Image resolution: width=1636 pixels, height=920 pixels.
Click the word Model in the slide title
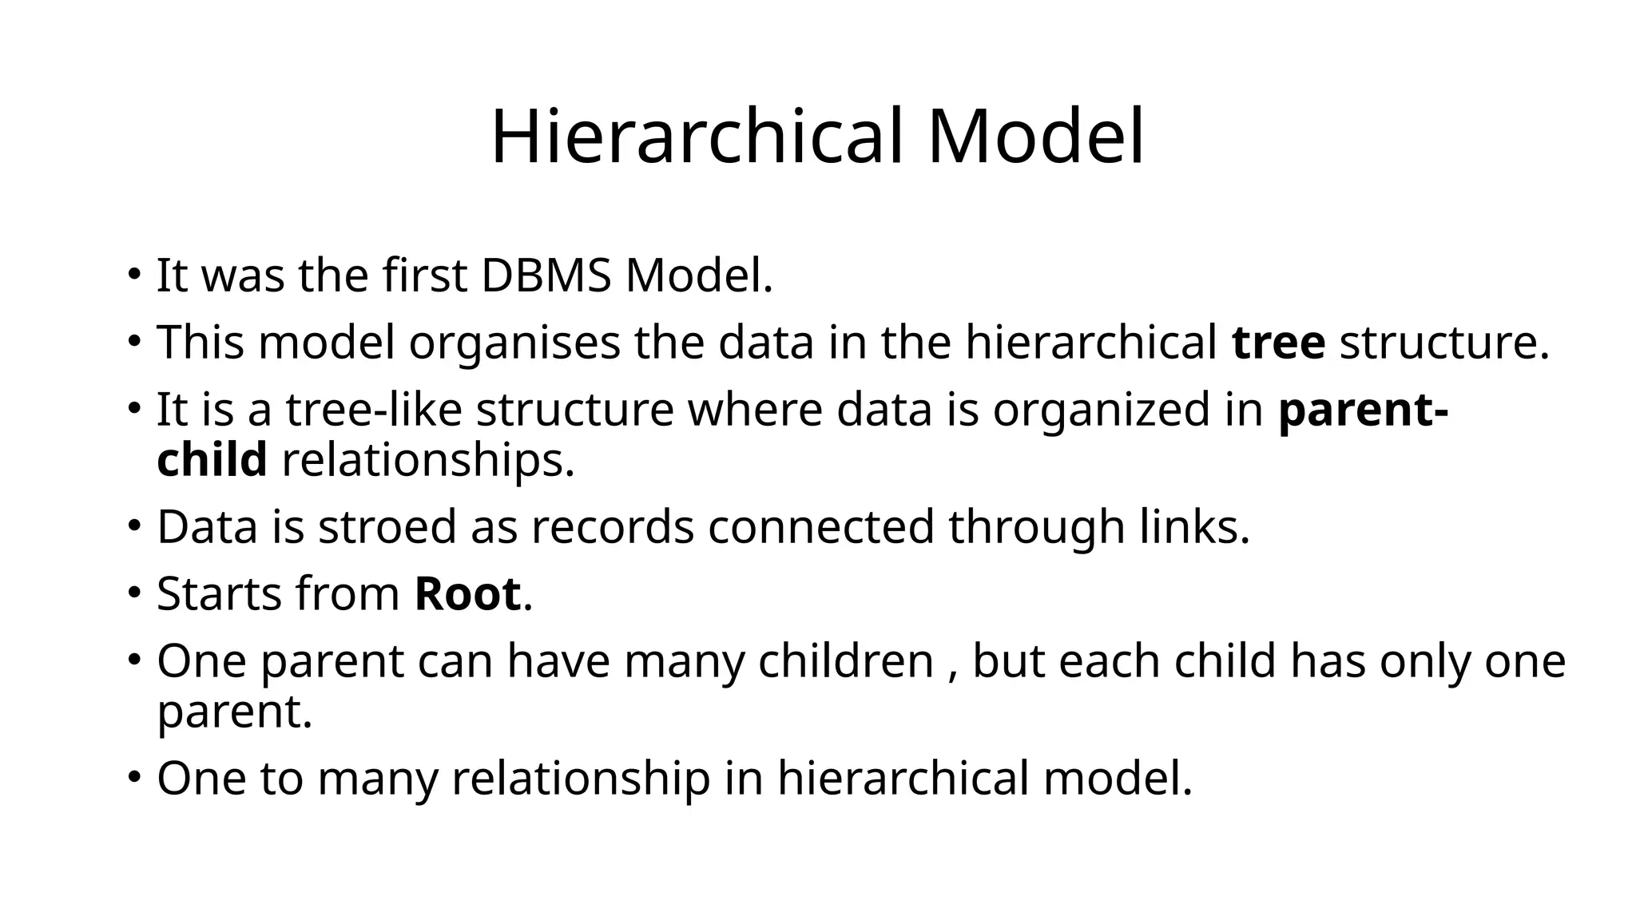tap(1036, 137)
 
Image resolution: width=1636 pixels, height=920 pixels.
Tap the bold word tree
tap(1279, 343)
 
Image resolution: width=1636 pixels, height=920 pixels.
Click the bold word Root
tap(467, 594)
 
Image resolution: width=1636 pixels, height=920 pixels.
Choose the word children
tap(846, 661)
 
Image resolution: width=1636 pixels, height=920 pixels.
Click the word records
tap(613, 527)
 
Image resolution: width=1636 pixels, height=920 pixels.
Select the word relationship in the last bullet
tap(581, 778)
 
